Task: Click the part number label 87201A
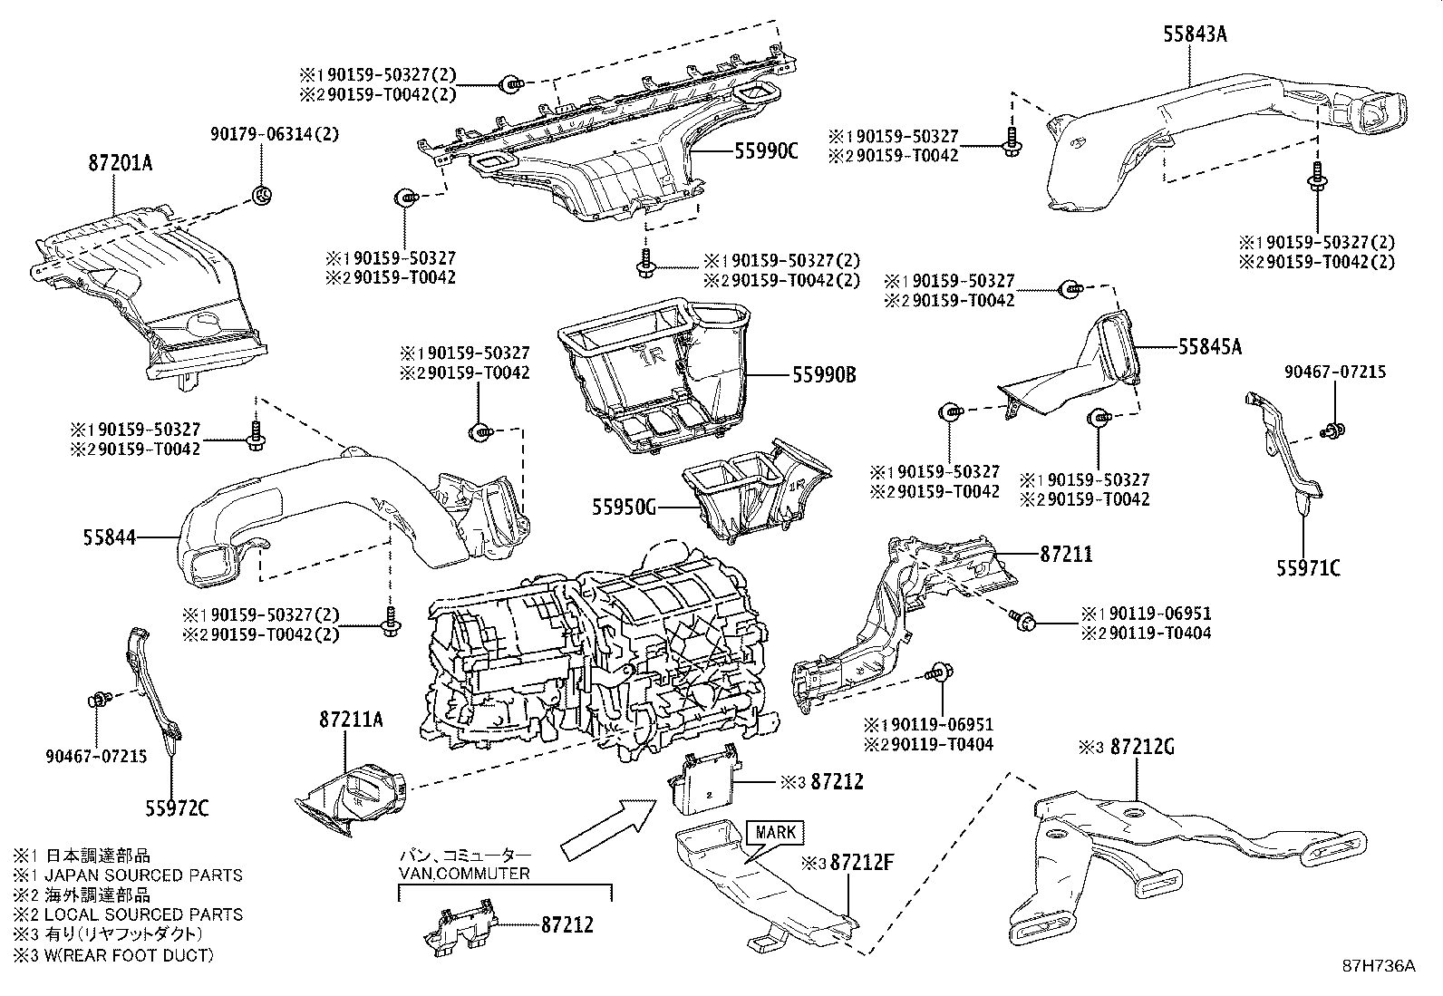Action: click(x=121, y=164)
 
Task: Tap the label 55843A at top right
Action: click(x=1196, y=35)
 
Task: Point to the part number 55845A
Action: click(x=1210, y=346)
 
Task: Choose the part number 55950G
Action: click(x=624, y=508)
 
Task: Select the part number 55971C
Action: click(x=1308, y=568)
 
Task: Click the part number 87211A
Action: click(x=351, y=720)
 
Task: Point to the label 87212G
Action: click(x=1142, y=747)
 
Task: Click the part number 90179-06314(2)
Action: click(x=261, y=133)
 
